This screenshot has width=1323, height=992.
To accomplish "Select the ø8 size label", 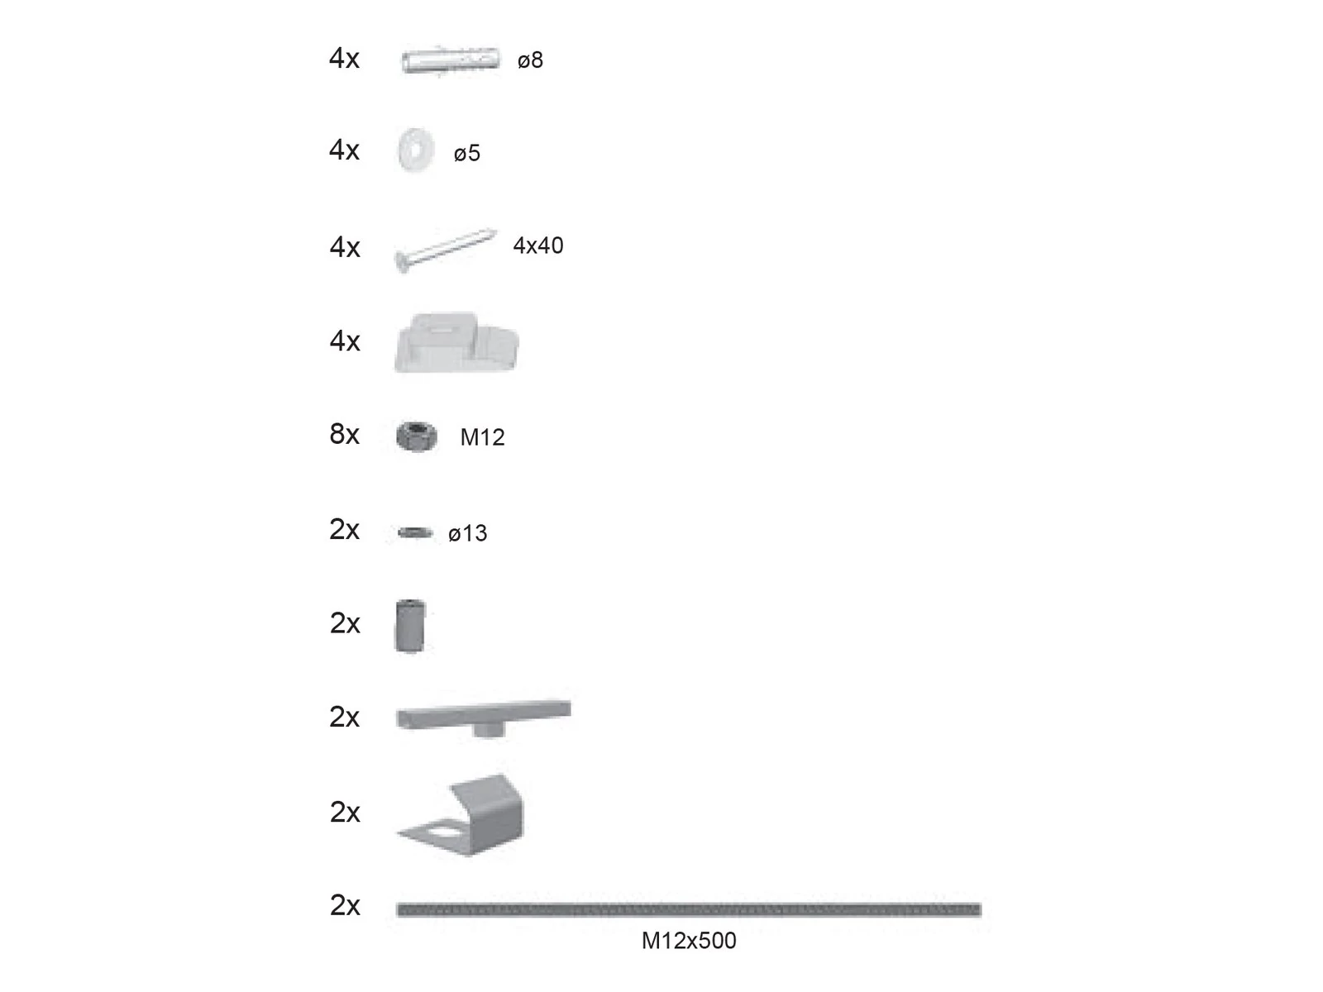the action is pyautogui.click(x=530, y=60).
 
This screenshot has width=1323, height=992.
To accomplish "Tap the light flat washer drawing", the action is pyautogui.click(x=416, y=150).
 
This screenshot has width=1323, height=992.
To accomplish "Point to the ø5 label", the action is pyautogui.click(x=467, y=153).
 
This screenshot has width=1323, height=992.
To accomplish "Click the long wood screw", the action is pyautogui.click(x=446, y=250).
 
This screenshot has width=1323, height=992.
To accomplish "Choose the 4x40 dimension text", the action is pyautogui.click(x=538, y=246).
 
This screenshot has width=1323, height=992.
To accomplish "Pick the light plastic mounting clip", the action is pyautogui.click(x=456, y=342).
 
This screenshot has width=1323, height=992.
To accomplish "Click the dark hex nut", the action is pyautogui.click(x=417, y=436).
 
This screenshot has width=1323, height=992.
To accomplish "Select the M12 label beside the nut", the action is pyautogui.click(x=482, y=437).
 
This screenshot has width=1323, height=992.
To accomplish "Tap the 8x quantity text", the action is pyautogui.click(x=344, y=434).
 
